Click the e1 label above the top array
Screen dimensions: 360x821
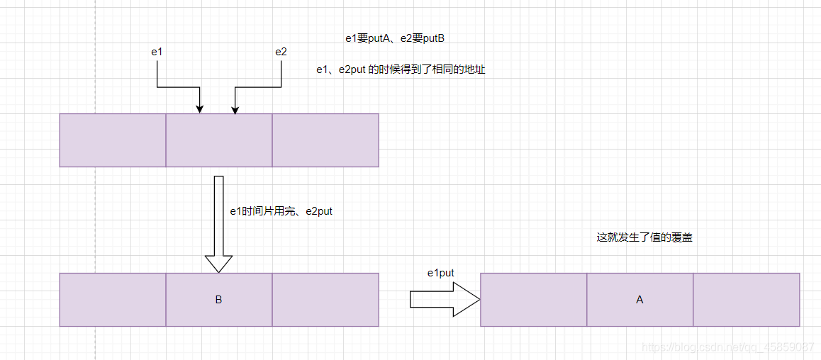[x=157, y=52]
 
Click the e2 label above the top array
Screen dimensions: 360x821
[x=281, y=52]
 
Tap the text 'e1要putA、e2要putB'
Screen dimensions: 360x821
[x=395, y=38]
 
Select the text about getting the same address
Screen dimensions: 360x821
[x=401, y=70]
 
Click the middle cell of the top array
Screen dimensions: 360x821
[x=219, y=140]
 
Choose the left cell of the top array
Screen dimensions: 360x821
[x=113, y=140]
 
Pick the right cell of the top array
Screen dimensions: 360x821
[x=325, y=140]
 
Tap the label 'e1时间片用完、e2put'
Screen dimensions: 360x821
[x=281, y=211]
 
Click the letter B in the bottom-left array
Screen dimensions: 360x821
[x=218, y=300]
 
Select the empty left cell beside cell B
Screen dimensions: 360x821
[x=113, y=300]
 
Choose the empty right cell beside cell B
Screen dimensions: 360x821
[x=325, y=300]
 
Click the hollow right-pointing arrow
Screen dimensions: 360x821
[x=445, y=300]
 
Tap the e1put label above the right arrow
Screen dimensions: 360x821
[x=440, y=273]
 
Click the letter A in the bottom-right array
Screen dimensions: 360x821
[x=640, y=300]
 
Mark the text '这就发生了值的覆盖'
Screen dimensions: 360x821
[x=644, y=238]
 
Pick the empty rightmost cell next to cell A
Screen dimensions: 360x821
[x=746, y=300]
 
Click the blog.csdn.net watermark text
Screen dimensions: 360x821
[x=727, y=347]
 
